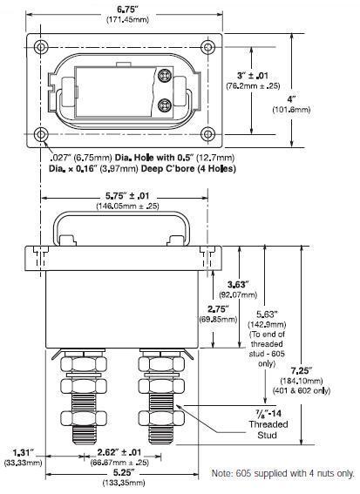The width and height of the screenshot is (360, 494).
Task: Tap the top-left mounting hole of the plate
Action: (40, 47)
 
